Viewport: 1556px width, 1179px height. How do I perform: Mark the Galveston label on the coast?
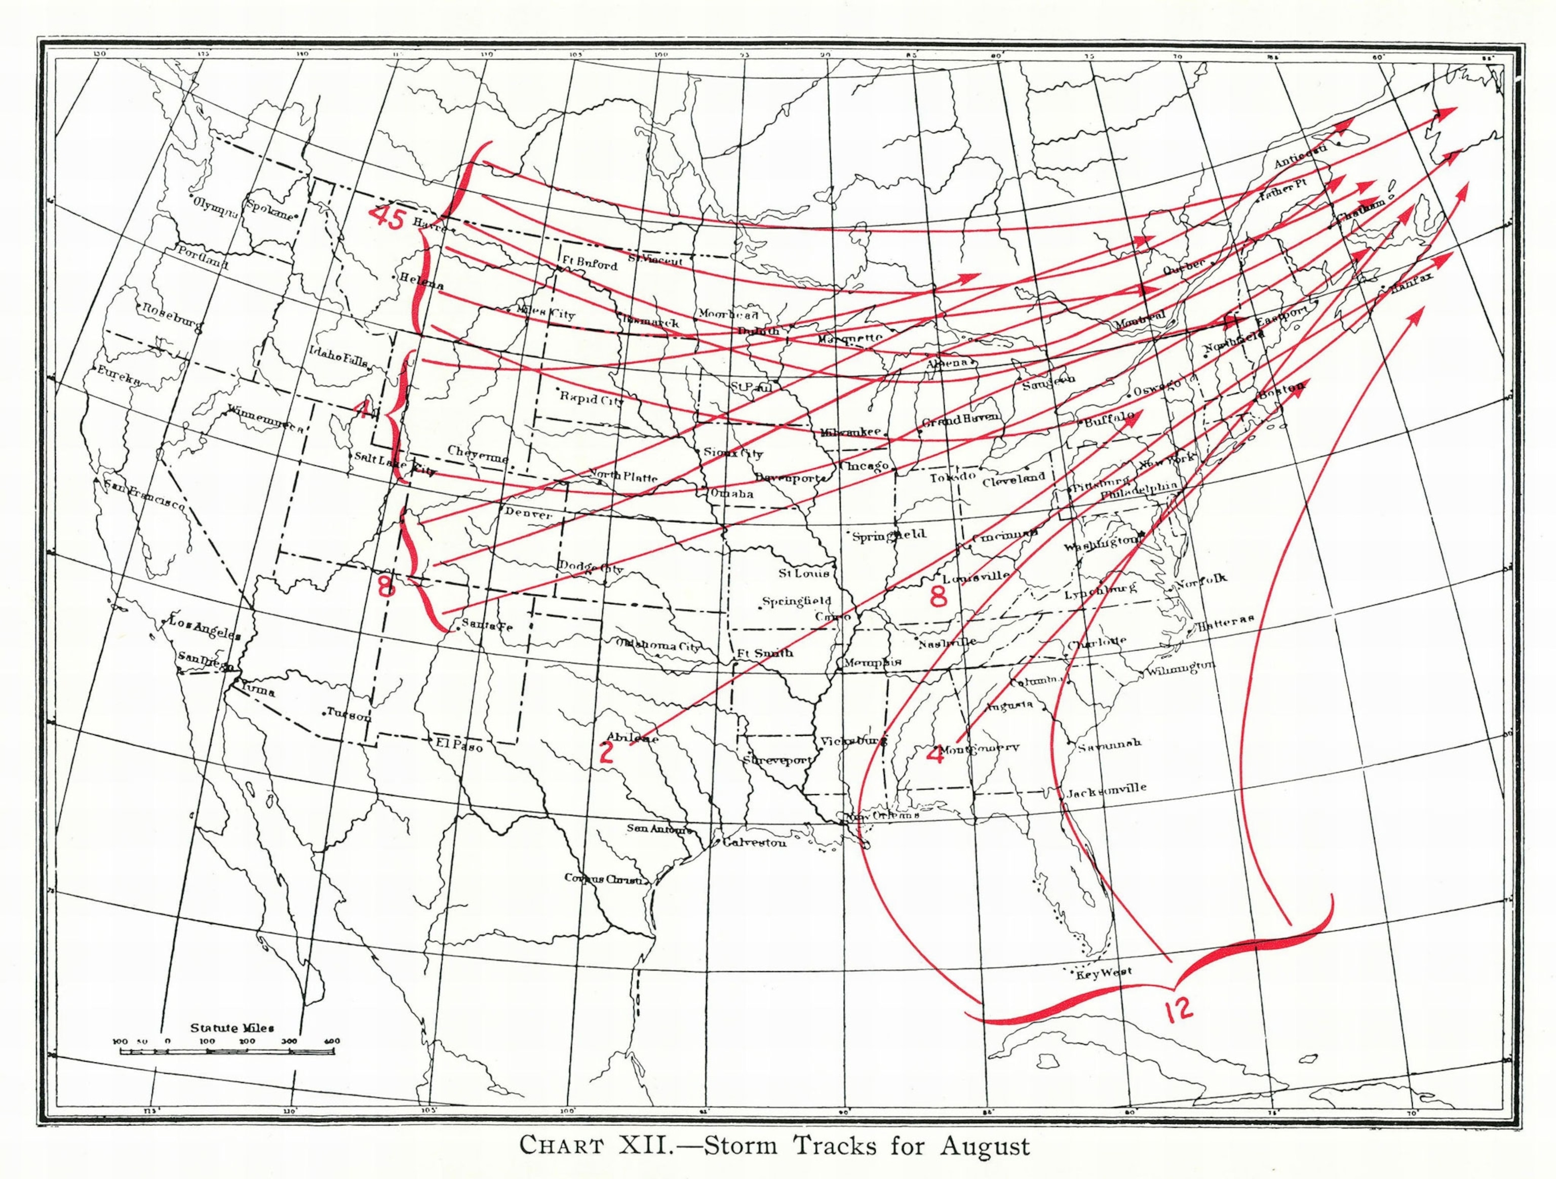(x=754, y=843)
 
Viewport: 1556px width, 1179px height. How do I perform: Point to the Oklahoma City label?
(x=658, y=645)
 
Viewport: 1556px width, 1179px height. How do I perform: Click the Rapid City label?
(x=592, y=398)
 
